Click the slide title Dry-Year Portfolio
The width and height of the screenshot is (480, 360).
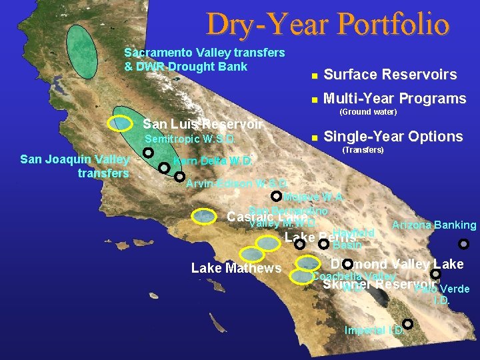(x=327, y=24)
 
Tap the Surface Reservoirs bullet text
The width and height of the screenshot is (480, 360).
(x=390, y=75)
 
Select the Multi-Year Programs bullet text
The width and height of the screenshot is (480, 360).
(x=394, y=99)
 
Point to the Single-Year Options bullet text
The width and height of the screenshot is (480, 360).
(x=393, y=137)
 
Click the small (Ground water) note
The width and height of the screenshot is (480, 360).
(x=368, y=111)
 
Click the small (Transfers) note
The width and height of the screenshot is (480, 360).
(x=362, y=150)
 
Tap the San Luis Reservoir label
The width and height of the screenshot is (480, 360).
(x=203, y=124)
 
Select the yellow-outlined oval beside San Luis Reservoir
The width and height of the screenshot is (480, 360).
(x=121, y=123)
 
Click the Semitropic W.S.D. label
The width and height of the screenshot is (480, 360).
(x=190, y=139)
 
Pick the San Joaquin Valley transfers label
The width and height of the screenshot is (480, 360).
(x=75, y=166)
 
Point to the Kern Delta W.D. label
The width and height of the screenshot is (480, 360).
(x=213, y=161)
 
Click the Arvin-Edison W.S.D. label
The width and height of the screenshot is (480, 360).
(x=237, y=183)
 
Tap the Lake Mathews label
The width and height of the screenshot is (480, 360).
(x=236, y=268)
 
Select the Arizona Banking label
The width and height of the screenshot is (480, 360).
(x=434, y=225)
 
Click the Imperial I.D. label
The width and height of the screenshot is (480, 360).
(x=373, y=330)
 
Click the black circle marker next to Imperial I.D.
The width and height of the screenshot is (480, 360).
(x=407, y=324)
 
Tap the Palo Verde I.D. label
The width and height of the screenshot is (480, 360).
(x=442, y=294)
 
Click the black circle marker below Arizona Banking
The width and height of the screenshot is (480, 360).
(x=464, y=244)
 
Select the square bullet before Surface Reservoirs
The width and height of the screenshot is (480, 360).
(x=313, y=75)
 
